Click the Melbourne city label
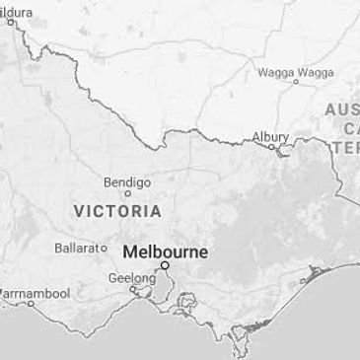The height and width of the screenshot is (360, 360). tap(165, 252)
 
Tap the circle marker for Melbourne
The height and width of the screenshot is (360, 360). tap(166, 265)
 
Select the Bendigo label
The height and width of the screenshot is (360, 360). tap(127, 182)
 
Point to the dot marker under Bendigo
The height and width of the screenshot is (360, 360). tap(128, 194)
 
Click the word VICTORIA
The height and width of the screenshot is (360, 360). tap(117, 211)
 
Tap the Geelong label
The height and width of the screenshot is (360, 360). tap(131, 278)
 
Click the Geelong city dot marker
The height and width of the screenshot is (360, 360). tap(133, 289)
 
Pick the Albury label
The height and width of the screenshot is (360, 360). tap(270, 136)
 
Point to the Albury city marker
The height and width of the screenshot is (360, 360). tap(273, 148)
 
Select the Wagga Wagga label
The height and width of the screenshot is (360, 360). tap(295, 72)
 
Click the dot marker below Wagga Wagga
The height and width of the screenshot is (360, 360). tap(295, 83)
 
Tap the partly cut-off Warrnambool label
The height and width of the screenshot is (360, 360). tap(34, 294)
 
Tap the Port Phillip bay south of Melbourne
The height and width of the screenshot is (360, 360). tap(159, 289)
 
